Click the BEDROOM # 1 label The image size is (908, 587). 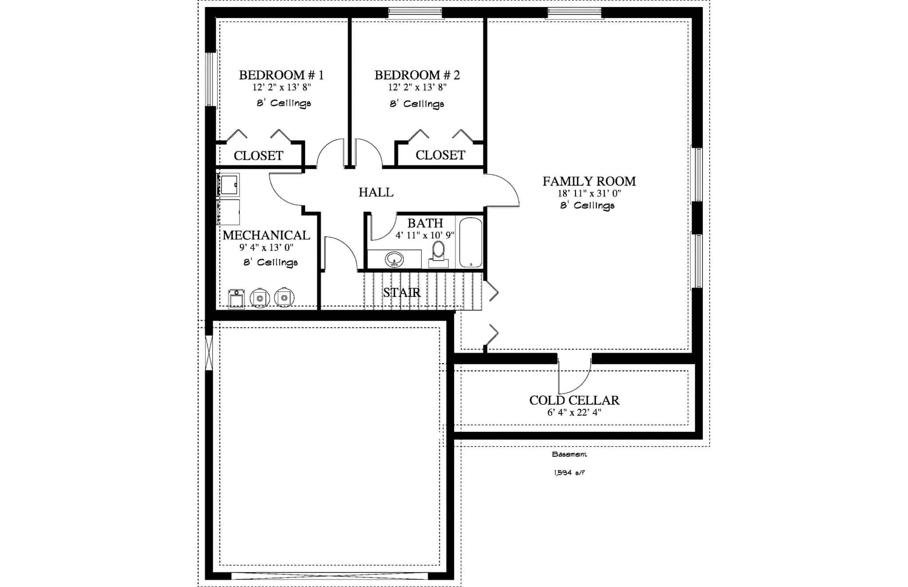(281, 75)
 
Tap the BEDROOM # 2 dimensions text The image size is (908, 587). (417, 87)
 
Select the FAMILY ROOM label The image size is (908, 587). (589, 181)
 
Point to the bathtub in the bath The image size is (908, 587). (470, 242)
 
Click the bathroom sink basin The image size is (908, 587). (394, 258)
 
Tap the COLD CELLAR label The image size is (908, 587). (574, 400)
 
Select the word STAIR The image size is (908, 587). (402, 292)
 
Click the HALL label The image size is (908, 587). (376, 192)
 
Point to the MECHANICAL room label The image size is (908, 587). (266, 235)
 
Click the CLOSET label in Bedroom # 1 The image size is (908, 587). (258, 155)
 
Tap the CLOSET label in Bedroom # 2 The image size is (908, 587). (440, 155)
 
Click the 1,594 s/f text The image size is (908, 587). (569, 473)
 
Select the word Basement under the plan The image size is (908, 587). (569, 455)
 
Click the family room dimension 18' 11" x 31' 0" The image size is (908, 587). (589, 194)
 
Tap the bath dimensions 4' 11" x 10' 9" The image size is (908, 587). (425, 235)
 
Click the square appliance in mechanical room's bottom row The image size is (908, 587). (236, 299)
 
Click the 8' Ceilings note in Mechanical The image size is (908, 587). (270, 262)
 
